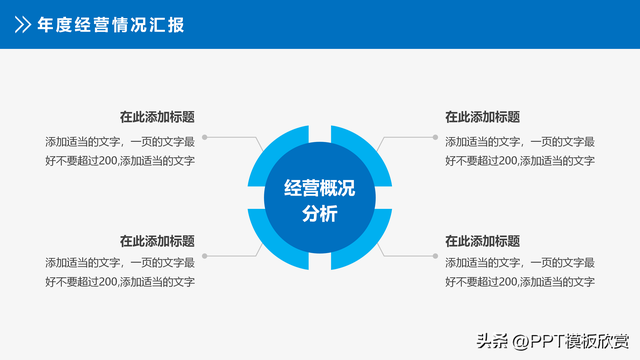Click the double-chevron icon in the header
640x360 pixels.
21,24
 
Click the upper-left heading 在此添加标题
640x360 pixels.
157,117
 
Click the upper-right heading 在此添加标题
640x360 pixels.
482,117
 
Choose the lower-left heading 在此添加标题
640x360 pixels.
157,241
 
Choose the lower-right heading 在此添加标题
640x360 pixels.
482,241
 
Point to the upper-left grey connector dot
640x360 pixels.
205,137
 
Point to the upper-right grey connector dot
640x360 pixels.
435,137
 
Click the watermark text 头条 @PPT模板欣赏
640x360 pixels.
558,340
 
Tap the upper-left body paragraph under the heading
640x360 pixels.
120,151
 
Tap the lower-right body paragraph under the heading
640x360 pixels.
520,272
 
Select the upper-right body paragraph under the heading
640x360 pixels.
520,151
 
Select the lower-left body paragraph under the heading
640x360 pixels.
120,272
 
